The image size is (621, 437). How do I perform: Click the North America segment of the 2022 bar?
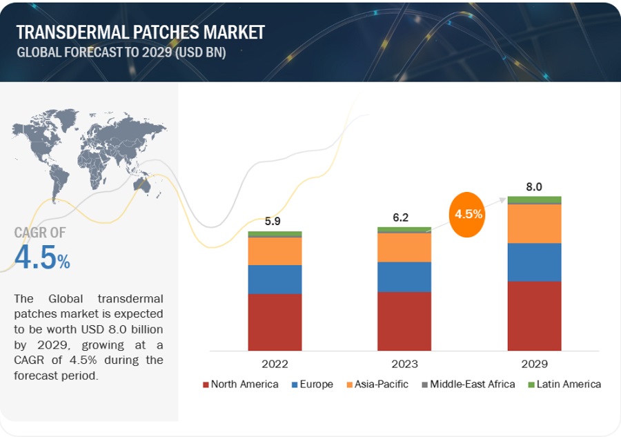click(275, 322)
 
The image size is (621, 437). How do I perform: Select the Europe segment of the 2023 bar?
click(404, 276)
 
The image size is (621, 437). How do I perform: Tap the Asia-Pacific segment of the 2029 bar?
click(534, 224)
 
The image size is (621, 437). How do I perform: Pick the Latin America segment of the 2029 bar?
click(534, 200)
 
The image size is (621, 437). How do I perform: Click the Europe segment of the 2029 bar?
click(534, 262)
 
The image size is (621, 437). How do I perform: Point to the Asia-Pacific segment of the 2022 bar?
click(275, 251)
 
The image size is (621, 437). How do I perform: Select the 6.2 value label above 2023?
click(401, 217)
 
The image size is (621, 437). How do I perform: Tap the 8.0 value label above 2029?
click(534, 187)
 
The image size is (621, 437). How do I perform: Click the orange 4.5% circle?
click(469, 214)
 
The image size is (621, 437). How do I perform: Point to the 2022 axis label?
click(275, 364)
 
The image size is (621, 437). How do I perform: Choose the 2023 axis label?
click(404, 364)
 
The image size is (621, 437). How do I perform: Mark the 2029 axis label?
click(534, 364)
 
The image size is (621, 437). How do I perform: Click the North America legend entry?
click(241, 384)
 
